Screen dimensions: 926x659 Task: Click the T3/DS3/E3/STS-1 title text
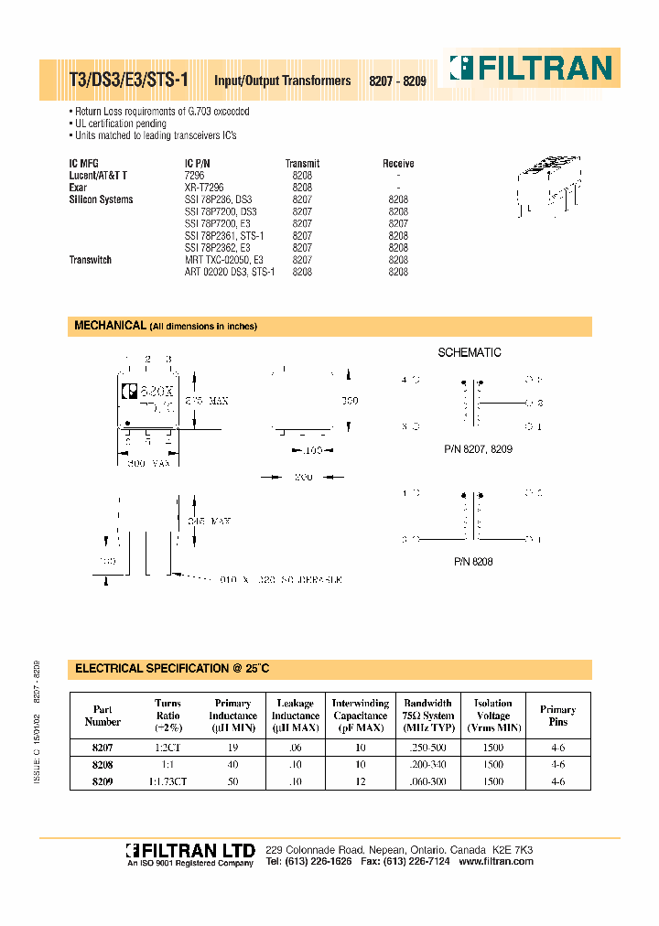coord(129,81)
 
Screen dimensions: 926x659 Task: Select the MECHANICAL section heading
coord(109,326)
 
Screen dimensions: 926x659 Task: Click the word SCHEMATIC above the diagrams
coord(470,352)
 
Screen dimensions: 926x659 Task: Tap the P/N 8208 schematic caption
coord(472,562)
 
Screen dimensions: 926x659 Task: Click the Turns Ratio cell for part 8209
coord(168,782)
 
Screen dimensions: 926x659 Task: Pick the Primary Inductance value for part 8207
coord(232,748)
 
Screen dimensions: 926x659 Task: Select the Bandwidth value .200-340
coord(427,765)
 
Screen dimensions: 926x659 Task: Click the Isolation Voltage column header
coord(492,716)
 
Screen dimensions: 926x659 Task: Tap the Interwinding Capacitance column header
coord(360,716)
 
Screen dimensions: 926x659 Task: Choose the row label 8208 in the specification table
coord(103,765)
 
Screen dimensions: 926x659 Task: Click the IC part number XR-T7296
coord(204,187)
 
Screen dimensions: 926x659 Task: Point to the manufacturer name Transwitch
coord(91,260)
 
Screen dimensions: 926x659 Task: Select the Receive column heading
coord(398,164)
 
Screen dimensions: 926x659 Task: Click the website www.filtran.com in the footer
coord(495,862)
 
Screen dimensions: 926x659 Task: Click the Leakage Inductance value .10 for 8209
coord(296,782)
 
